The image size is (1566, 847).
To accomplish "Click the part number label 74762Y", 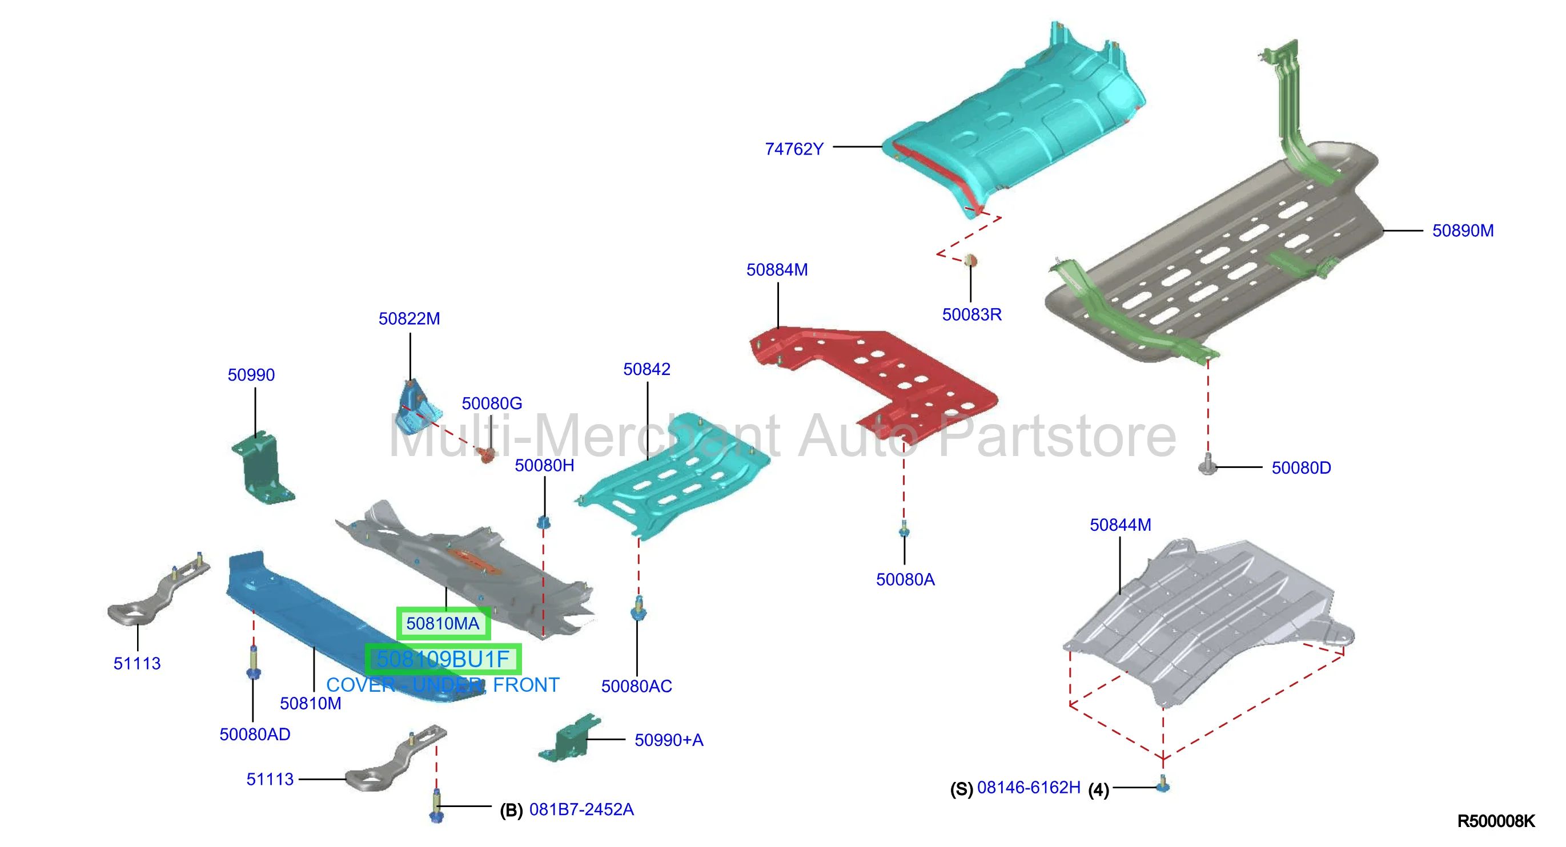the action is (x=794, y=149).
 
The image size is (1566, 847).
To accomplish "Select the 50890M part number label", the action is (x=1463, y=231).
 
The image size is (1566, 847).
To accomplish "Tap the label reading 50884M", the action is (x=777, y=270).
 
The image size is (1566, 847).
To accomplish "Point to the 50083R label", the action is (x=971, y=314).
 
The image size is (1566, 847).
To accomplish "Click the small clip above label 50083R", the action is (x=970, y=261).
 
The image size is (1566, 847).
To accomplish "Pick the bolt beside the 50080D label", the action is (x=1207, y=465).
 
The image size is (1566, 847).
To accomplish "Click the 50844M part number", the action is (x=1121, y=525).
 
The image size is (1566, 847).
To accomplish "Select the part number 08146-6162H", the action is (x=1029, y=788).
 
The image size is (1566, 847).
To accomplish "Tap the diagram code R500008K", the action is (x=1496, y=821).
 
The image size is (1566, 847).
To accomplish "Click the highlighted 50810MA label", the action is (x=443, y=623).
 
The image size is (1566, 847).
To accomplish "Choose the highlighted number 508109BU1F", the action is (x=443, y=659).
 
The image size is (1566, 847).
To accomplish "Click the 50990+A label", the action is (x=669, y=740).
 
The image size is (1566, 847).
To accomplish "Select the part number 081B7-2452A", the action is (x=581, y=809).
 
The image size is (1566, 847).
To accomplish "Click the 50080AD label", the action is (x=255, y=735).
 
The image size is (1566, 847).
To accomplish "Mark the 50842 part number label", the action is (x=647, y=369).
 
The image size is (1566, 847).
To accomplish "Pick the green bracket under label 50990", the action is (x=263, y=467).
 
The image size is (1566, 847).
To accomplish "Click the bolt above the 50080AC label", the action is (x=639, y=609).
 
